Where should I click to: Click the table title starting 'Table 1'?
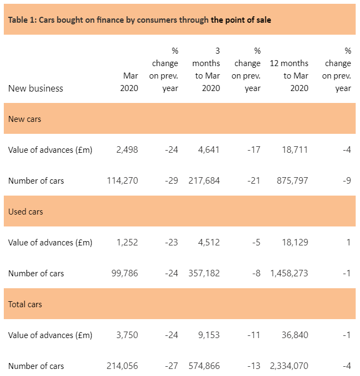tap(139, 20)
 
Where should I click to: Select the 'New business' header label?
tap(36, 88)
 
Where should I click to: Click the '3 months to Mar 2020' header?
tap(208, 70)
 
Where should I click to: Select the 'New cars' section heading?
tap(24, 119)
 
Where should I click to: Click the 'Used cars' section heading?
tap(25, 211)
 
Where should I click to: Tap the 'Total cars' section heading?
tap(25, 304)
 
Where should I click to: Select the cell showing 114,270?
tap(123, 181)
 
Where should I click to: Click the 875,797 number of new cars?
tap(292, 181)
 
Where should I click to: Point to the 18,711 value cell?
tap(294, 150)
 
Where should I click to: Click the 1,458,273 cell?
tap(288, 274)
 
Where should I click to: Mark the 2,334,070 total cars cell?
tap(288, 366)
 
